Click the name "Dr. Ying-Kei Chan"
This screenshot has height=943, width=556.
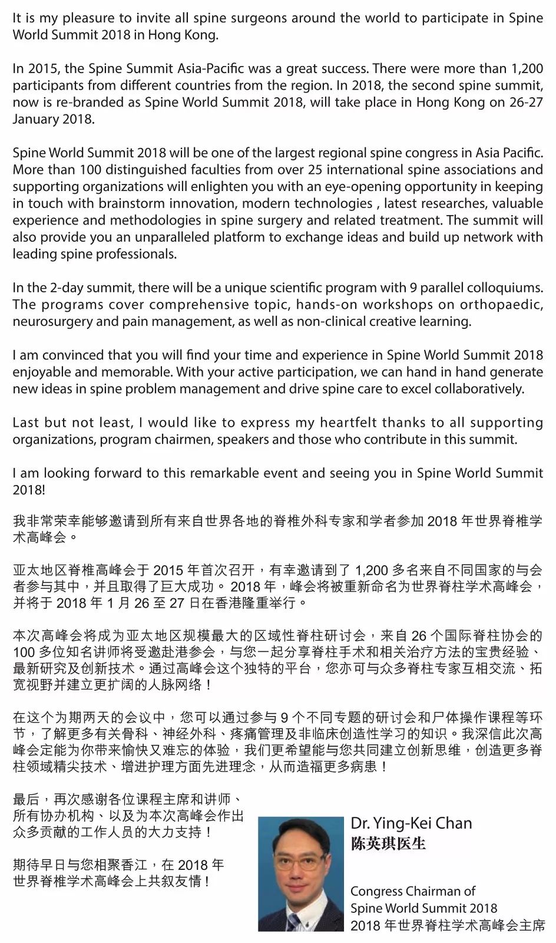click(x=411, y=823)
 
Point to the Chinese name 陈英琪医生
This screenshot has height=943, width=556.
click(x=388, y=844)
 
